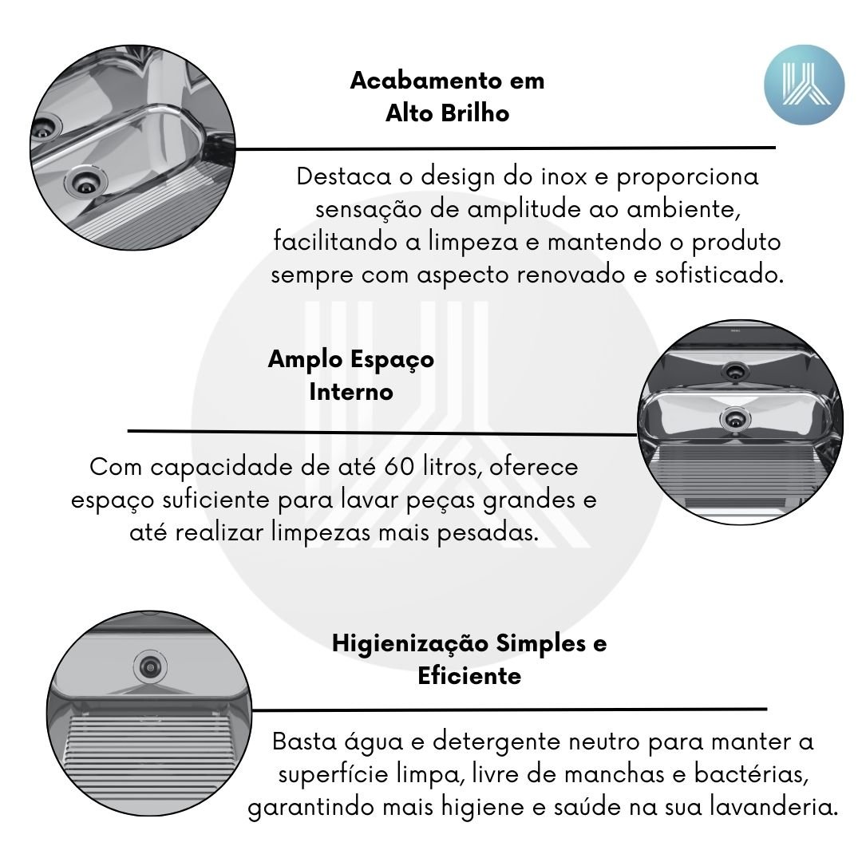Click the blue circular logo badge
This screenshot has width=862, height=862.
pos(804,85)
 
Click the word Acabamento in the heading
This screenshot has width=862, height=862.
pos(426,81)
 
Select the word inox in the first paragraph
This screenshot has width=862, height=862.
pos(564,176)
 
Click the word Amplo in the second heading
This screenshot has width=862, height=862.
pos(305,360)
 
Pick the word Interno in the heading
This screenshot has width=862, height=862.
pos(351,392)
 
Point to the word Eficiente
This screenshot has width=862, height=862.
pos(469,676)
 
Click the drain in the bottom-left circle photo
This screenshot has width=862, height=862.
pos(150,666)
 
